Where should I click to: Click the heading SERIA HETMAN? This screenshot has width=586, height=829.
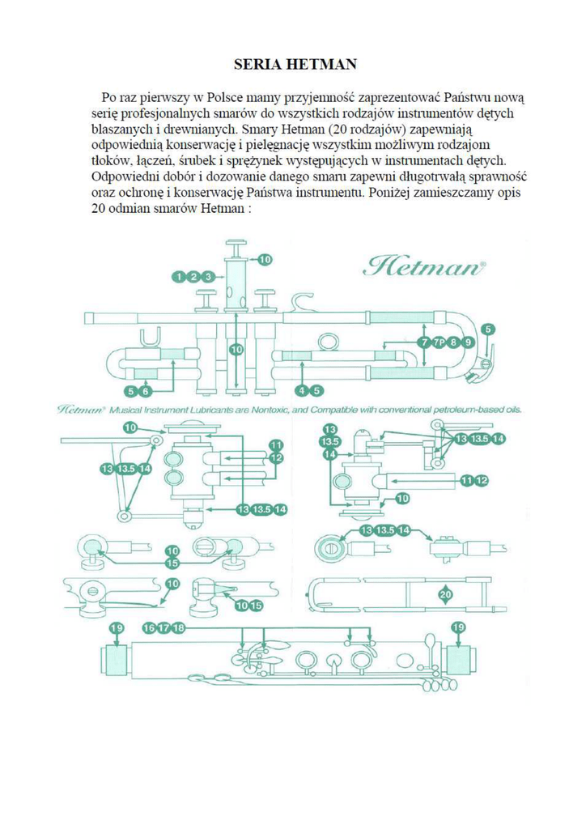(295, 65)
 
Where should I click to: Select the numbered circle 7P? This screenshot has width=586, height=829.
(439, 342)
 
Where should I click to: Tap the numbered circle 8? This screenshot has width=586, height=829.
(452, 342)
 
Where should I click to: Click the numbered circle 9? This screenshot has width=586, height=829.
(466, 342)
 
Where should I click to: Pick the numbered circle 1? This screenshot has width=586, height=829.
(180, 277)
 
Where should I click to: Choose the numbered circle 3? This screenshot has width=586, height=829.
(208, 277)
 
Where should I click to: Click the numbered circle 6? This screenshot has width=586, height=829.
(146, 391)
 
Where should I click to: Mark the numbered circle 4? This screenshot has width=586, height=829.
(302, 391)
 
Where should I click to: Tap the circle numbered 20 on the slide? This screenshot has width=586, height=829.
(446, 595)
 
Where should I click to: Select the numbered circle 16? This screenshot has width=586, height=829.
(150, 627)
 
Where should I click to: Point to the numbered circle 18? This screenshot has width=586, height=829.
(179, 627)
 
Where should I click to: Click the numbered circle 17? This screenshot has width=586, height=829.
(163, 627)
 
